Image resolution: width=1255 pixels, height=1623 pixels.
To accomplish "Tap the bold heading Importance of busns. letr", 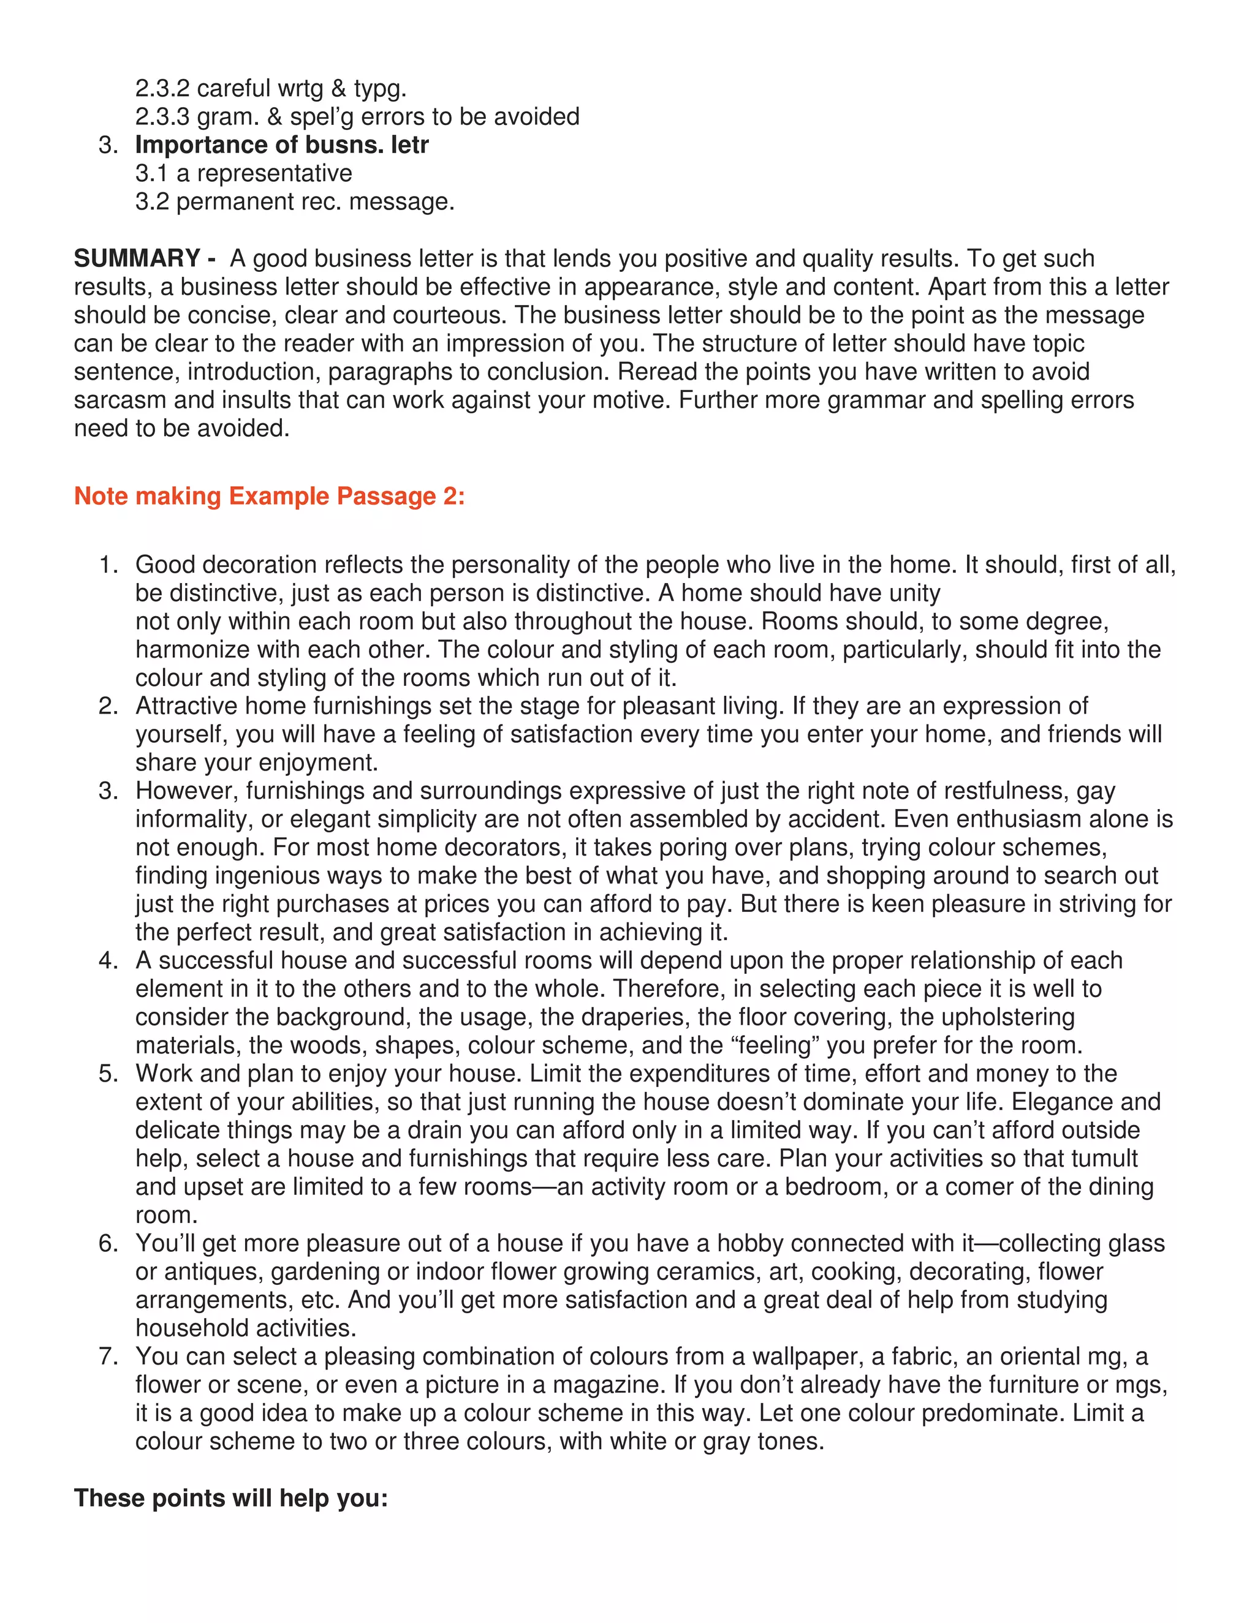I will click(282, 145).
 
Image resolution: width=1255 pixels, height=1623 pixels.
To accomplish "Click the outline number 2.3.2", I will click(162, 88).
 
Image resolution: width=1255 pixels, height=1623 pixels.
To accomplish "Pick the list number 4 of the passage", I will click(108, 960).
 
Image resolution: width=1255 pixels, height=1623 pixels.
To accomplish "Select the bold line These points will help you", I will click(231, 1497).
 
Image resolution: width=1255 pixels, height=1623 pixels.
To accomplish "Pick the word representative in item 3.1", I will click(275, 173).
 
